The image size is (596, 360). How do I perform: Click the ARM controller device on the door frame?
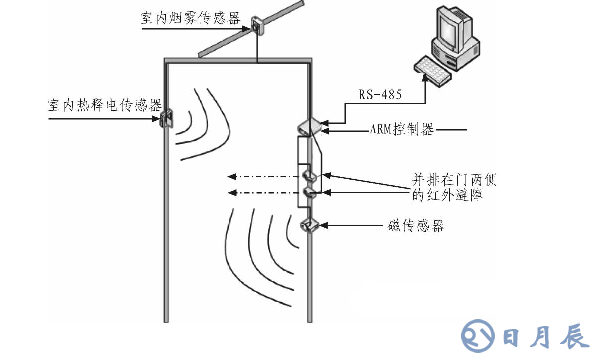pos(308,125)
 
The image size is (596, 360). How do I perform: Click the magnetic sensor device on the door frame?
pos(309,224)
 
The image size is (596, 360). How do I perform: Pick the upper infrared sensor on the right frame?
pos(311,171)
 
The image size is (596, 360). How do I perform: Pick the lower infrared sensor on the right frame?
pos(311,191)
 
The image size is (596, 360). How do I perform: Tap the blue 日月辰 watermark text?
pos(540,332)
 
